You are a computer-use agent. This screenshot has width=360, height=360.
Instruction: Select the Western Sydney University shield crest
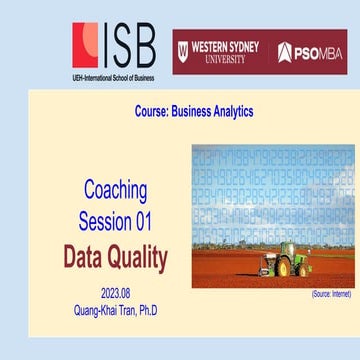(183, 52)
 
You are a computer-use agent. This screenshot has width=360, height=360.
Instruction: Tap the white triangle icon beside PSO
(285, 52)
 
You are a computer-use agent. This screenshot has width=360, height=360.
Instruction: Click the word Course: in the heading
(157, 111)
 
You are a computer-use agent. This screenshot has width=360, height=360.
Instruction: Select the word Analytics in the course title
(227, 111)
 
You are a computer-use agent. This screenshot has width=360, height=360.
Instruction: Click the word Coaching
(115, 190)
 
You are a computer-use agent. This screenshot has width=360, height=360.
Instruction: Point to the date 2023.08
(115, 292)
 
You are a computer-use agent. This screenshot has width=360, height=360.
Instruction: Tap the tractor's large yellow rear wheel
(283, 267)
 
